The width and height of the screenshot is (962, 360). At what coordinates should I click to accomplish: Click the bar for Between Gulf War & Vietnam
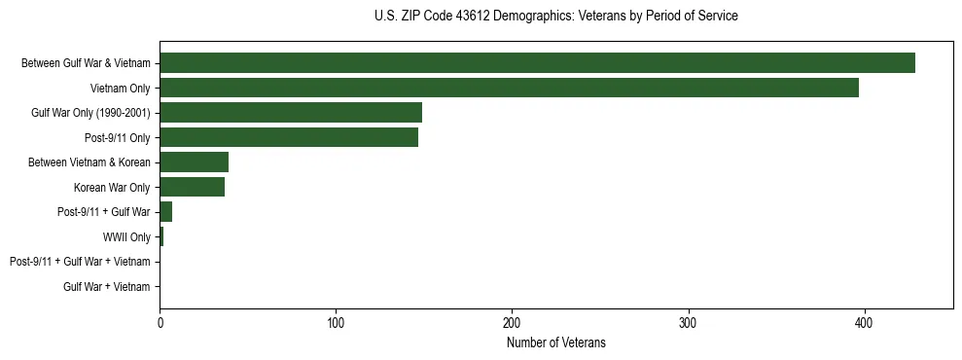[537, 63]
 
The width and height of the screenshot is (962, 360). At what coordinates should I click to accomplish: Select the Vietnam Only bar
[509, 88]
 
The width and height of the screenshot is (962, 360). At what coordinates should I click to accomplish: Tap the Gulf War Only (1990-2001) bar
[291, 113]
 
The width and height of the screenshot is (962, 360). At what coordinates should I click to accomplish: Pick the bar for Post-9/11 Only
[289, 137]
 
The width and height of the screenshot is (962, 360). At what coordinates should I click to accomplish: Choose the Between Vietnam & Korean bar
[194, 162]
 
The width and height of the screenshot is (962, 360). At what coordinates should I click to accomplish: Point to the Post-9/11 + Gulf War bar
[165, 212]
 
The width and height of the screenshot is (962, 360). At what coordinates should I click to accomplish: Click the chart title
[555, 17]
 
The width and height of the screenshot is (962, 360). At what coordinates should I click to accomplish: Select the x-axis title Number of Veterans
[555, 342]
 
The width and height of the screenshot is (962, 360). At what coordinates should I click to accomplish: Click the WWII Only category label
[126, 237]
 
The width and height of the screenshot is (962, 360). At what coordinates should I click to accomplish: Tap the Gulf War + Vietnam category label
[107, 287]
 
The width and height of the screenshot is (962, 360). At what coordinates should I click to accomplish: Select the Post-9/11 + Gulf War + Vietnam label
[80, 262]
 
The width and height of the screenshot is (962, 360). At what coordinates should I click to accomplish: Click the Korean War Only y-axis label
[112, 188]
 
